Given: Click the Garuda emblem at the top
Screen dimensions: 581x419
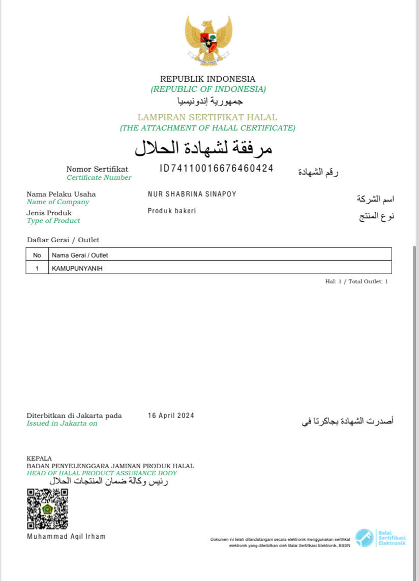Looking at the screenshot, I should (x=208, y=41).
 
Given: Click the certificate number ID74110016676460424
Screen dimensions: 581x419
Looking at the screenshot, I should (x=217, y=169).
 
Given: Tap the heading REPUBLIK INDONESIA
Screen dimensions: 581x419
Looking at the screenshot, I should (x=208, y=79).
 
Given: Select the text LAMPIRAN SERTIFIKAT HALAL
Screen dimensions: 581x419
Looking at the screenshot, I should (x=207, y=117).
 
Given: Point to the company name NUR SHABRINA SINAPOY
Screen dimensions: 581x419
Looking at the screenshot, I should (x=192, y=194).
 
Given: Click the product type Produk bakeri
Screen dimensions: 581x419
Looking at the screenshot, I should (x=171, y=211).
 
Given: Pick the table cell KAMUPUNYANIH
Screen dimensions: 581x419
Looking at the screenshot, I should (x=76, y=268).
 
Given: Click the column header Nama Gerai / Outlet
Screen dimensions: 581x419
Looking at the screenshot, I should (x=79, y=255).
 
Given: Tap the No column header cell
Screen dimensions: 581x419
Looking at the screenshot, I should (x=37, y=255).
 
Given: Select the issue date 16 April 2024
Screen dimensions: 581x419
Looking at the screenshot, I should (x=171, y=415).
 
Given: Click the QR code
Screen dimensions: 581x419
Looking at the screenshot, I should (x=47, y=509).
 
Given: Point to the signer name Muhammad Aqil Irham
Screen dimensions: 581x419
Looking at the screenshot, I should (x=66, y=536).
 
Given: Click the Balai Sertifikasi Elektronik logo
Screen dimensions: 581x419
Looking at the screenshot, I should (x=380, y=538).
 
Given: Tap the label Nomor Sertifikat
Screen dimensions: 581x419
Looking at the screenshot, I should (x=97, y=169).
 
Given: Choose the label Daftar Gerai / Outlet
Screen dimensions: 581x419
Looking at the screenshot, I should (x=63, y=240).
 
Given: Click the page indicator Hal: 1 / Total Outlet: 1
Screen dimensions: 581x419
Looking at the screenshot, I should (x=356, y=281).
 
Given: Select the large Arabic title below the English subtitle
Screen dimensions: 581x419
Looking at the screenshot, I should (x=203, y=148).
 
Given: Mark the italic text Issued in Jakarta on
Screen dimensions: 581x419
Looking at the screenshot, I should (x=62, y=423).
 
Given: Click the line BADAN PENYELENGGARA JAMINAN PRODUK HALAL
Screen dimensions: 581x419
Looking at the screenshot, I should (x=110, y=466).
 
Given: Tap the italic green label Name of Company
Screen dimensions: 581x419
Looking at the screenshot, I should (x=57, y=202).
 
